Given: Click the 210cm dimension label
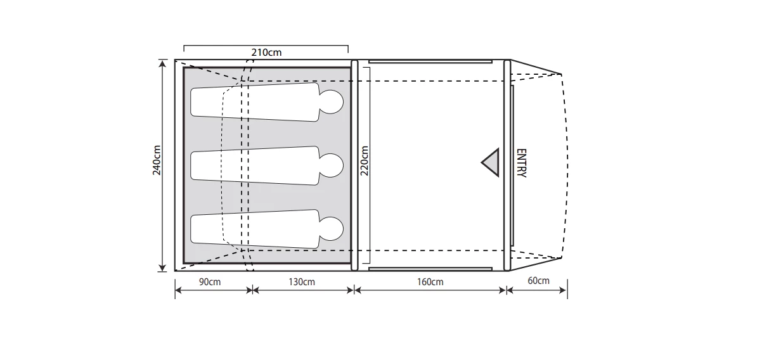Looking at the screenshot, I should point(266,52).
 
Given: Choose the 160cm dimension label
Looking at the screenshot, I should point(430,281).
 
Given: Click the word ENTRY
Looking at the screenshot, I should point(521,164).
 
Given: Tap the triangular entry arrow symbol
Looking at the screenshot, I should point(491,164).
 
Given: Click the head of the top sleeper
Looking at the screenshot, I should point(330,101).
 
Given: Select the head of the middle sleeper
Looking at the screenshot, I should point(330,165).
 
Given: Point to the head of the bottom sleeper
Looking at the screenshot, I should point(330,229).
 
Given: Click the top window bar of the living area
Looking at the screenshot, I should point(430,61).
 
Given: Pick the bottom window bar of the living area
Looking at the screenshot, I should point(430,269).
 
